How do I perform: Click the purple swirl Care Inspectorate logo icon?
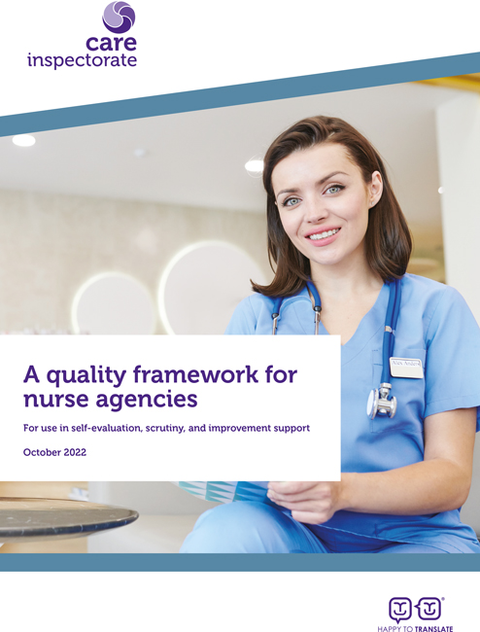click(x=119, y=18)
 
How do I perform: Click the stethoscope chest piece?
click(x=379, y=401)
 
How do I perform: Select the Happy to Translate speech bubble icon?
click(x=415, y=609)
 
